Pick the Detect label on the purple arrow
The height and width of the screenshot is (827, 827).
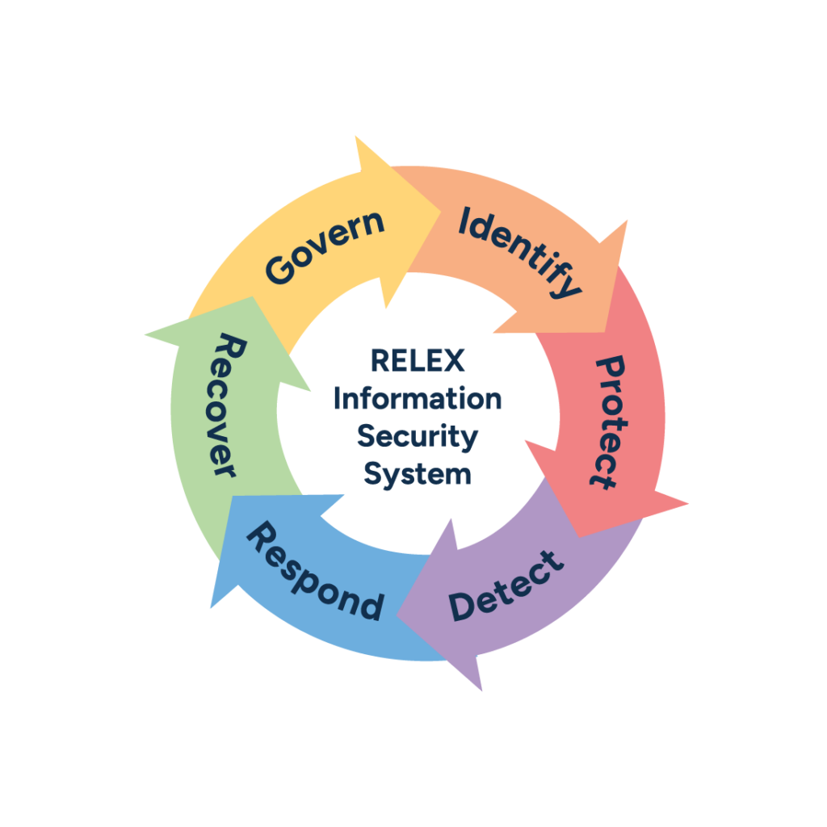coord(505,586)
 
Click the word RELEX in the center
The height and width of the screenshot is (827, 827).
coord(418,360)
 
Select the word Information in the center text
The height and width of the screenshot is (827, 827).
coord(418,398)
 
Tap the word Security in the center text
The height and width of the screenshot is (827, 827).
coord(418,437)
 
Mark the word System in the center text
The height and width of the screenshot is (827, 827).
coord(418,474)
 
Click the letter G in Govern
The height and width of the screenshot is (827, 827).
coord(279,270)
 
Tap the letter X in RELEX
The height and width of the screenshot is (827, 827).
coord(455,360)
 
